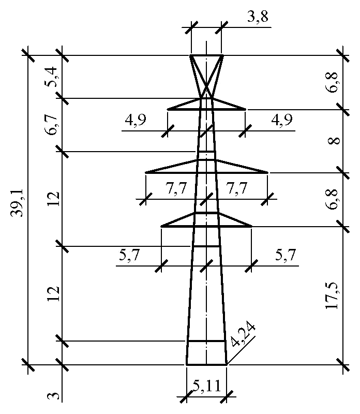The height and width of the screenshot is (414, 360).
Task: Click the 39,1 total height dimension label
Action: pyautogui.click(x=18, y=203)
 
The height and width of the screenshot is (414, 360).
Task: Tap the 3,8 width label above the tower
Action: pyautogui.click(x=258, y=17)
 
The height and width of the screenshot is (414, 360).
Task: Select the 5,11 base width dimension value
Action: pyautogui.click(x=207, y=386)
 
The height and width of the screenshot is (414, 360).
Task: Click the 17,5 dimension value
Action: pyautogui.click(x=332, y=295)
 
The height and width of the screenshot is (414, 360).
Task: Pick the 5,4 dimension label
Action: pyautogui.click(x=51, y=77)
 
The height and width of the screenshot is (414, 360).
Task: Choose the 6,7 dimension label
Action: pyautogui.click(x=51, y=125)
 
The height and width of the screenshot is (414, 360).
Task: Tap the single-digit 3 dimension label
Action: pyautogui.click(x=53, y=396)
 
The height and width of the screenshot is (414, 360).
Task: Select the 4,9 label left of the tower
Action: pyautogui.click(x=136, y=120)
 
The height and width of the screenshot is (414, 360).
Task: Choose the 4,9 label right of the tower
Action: pyautogui.click(x=282, y=120)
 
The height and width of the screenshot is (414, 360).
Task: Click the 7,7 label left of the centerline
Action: pyautogui.click(x=176, y=188)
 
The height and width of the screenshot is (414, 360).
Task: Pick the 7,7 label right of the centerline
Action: pyautogui.click(x=236, y=188)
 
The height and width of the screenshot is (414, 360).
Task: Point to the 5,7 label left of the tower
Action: pyautogui.click(x=129, y=255)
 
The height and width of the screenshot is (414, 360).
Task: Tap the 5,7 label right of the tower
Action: pyautogui.click(x=286, y=255)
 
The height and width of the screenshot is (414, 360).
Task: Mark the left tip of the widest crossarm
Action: pyautogui.click(x=145, y=173)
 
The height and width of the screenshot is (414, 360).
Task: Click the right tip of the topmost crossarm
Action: pyautogui.click(x=246, y=109)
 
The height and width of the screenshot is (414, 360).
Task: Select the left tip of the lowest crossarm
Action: pyautogui.click(x=161, y=226)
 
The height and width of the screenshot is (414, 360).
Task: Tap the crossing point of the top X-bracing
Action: pyautogui.click(x=207, y=86)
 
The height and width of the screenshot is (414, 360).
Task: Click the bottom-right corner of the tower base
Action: pyautogui.click(x=227, y=365)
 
